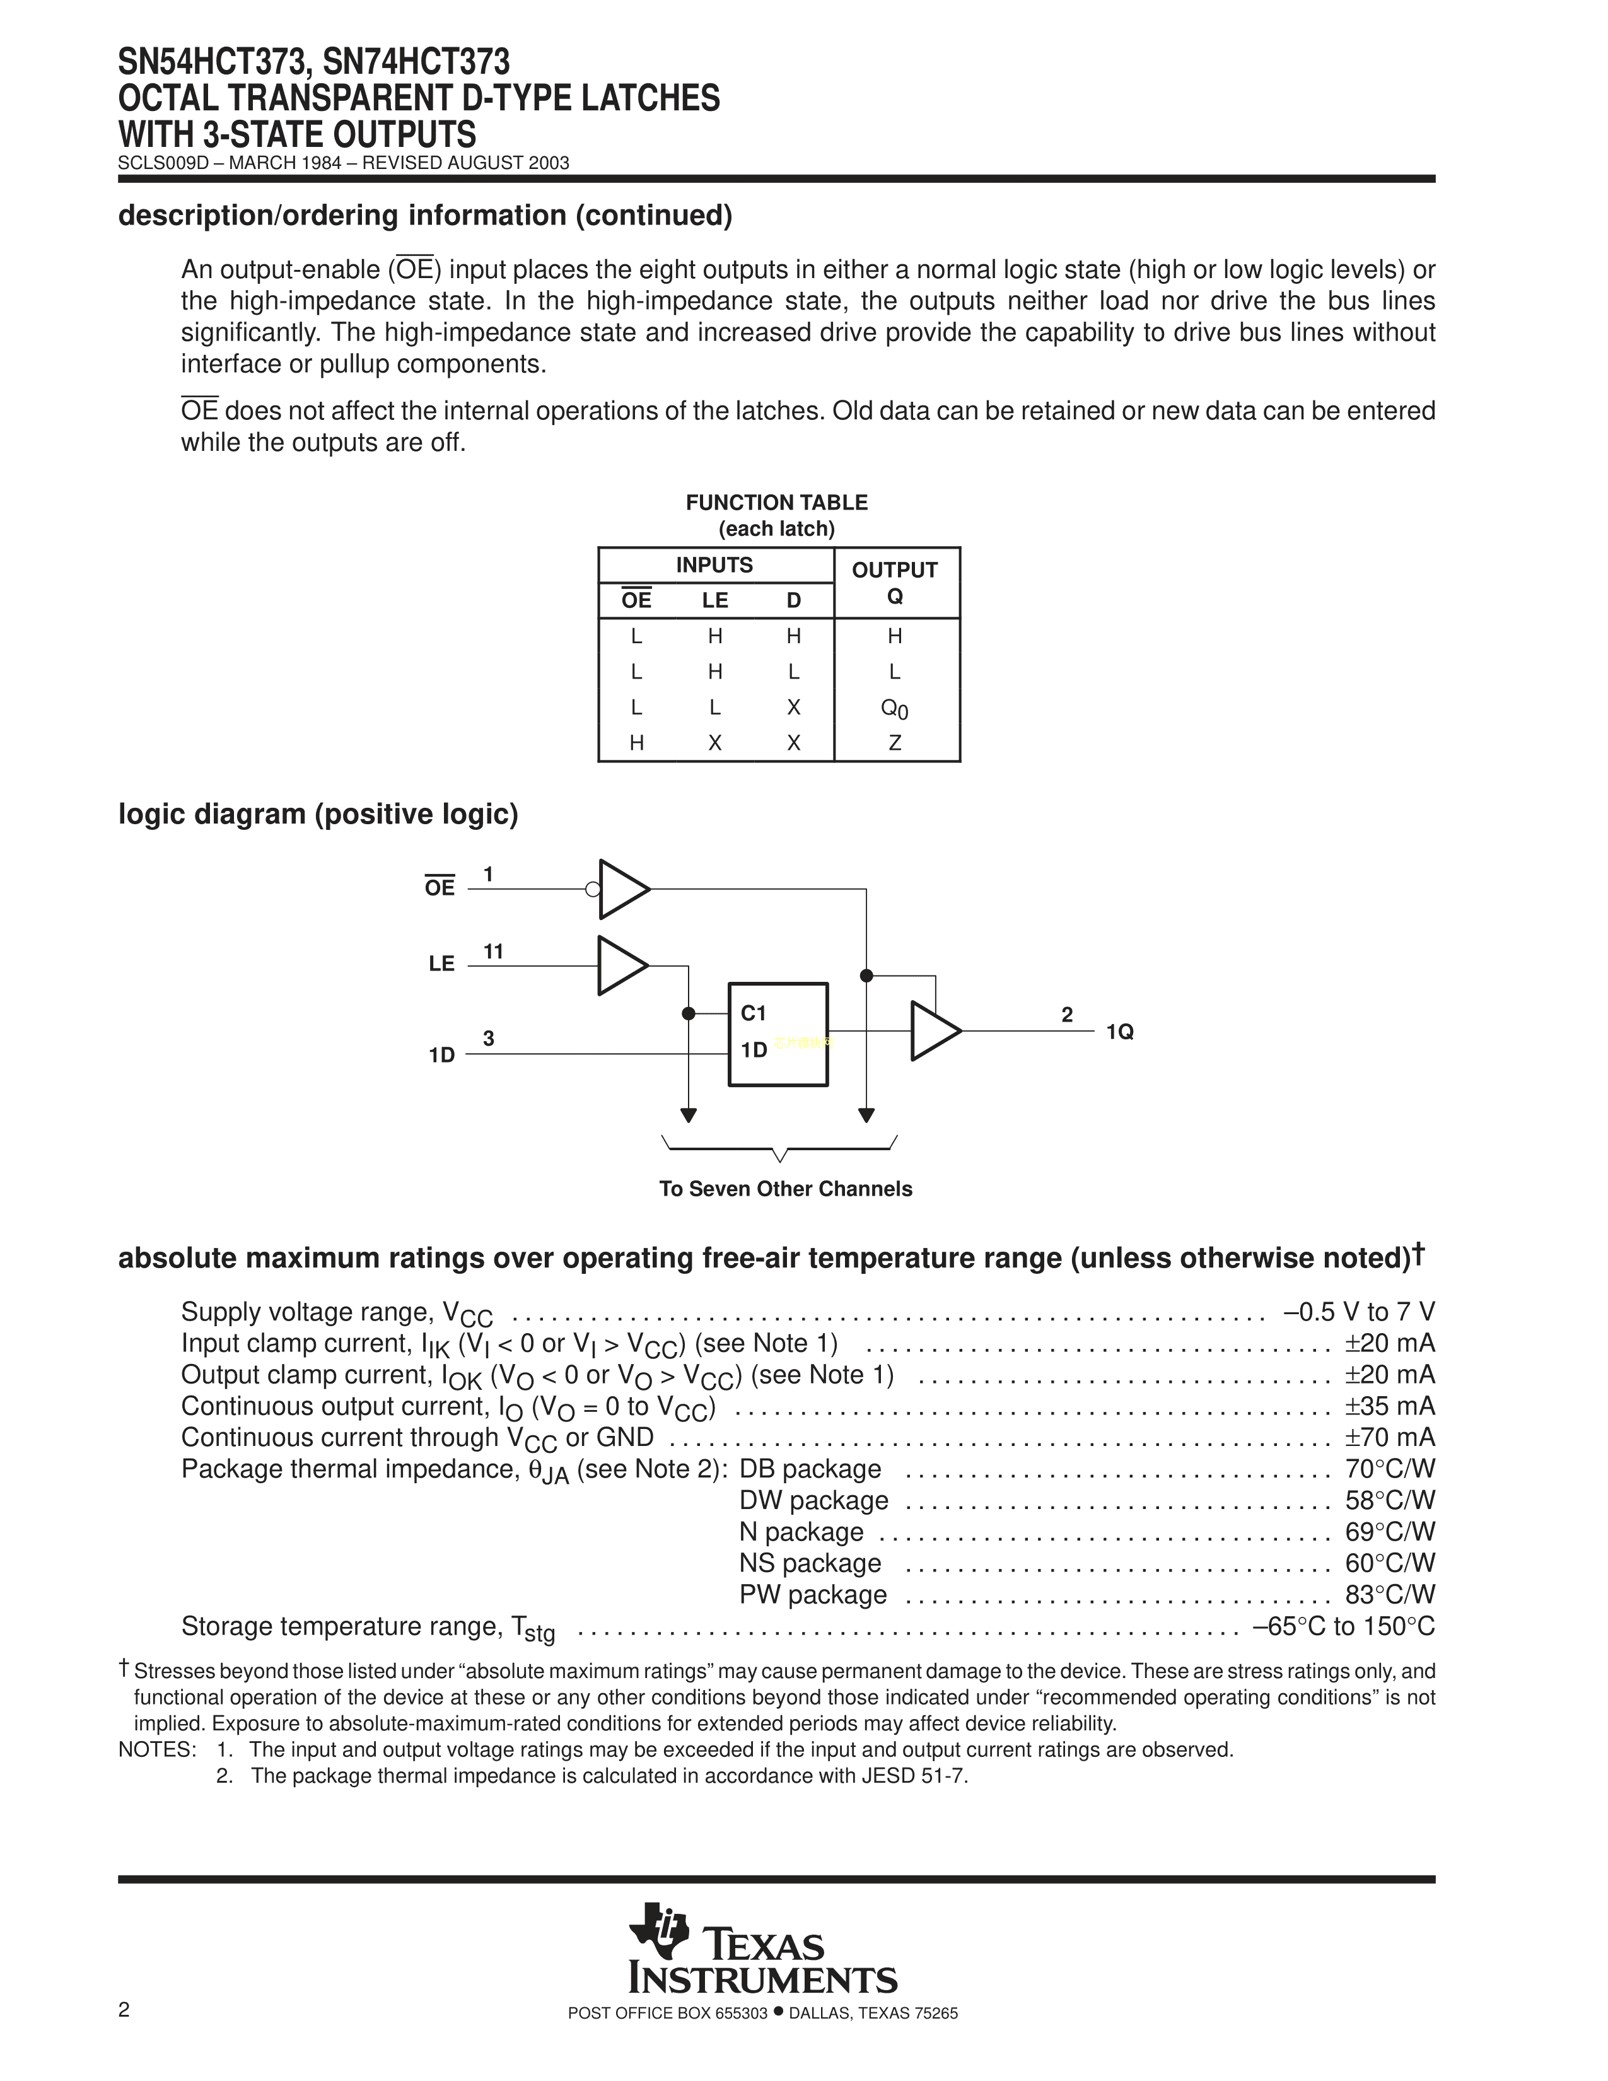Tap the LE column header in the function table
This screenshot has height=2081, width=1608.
tap(714, 600)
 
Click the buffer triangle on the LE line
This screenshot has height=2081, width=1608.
tap(621, 965)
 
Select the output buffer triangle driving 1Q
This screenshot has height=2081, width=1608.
tap(933, 1031)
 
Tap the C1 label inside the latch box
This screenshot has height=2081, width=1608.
tap(754, 1013)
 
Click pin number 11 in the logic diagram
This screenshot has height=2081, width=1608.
tap(492, 951)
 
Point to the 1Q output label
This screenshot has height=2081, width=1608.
tap(1119, 1032)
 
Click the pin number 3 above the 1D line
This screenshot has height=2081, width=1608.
tap(489, 1039)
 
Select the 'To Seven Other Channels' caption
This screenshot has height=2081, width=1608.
tap(785, 1189)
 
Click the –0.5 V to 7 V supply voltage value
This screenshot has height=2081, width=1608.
tap(1358, 1312)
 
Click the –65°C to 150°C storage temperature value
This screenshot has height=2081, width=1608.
tap(1343, 1626)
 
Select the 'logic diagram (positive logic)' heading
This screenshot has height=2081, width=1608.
tap(318, 815)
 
